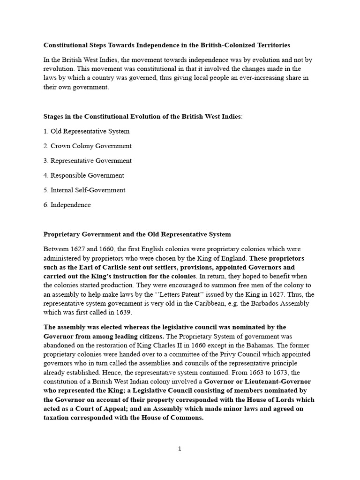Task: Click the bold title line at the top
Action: tap(166, 45)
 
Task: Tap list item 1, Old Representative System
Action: tap(86, 131)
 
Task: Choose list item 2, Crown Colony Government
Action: tap(87, 146)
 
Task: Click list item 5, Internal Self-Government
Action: tap(84, 190)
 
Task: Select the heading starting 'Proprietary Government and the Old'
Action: tap(137, 234)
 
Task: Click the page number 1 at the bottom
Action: tap(180, 449)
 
